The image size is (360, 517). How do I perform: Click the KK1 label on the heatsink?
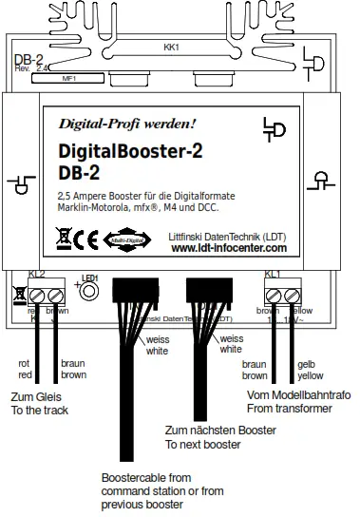coord(171,45)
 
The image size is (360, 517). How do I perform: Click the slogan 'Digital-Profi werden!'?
coord(127,123)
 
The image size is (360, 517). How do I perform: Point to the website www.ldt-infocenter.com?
coord(229,248)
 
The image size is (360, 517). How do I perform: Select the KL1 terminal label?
coord(273,274)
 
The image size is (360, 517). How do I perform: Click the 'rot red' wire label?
coord(26,369)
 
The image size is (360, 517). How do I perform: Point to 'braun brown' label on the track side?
coord(73,369)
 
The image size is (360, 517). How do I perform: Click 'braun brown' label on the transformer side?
coord(255,369)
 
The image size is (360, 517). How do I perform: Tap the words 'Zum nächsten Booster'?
coord(221,431)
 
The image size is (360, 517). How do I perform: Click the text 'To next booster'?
coord(203,444)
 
